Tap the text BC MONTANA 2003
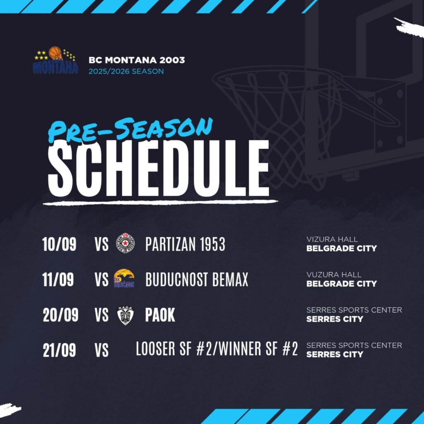[x=137, y=60]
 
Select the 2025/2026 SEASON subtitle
[x=126, y=71]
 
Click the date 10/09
[x=59, y=244]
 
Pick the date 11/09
[x=58, y=279]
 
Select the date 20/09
[x=60, y=315]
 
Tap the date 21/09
[x=59, y=350]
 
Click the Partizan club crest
[x=125, y=243]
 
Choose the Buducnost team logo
[x=124, y=278]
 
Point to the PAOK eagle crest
[x=125, y=316]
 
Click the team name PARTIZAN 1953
[x=185, y=244]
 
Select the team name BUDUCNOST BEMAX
[x=197, y=279]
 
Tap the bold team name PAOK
[x=160, y=315]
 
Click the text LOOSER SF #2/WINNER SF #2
[x=217, y=349]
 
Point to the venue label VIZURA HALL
[x=332, y=239]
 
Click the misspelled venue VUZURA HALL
[x=334, y=275]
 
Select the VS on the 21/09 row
[x=102, y=350]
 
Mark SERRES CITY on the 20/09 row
[x=335, y=319]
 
